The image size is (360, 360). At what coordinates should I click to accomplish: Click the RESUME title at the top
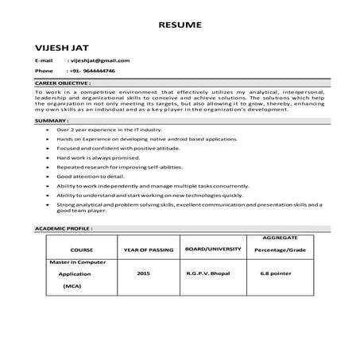tap(180, 25)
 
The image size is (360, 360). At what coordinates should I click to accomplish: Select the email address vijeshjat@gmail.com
tap(99, 60)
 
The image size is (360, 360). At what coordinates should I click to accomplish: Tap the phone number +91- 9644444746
tap(93, 71)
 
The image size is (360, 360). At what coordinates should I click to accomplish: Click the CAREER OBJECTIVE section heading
tap(63, 83)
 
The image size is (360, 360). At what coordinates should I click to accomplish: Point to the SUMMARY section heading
tap(50, 120)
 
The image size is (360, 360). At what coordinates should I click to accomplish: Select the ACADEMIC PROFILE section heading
tap(64, 227)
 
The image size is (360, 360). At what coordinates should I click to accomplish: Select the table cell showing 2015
tap(143, 273)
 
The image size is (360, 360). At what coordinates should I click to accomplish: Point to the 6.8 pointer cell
tap(276, 273)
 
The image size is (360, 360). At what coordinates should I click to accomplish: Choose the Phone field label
tap(44, 71)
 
